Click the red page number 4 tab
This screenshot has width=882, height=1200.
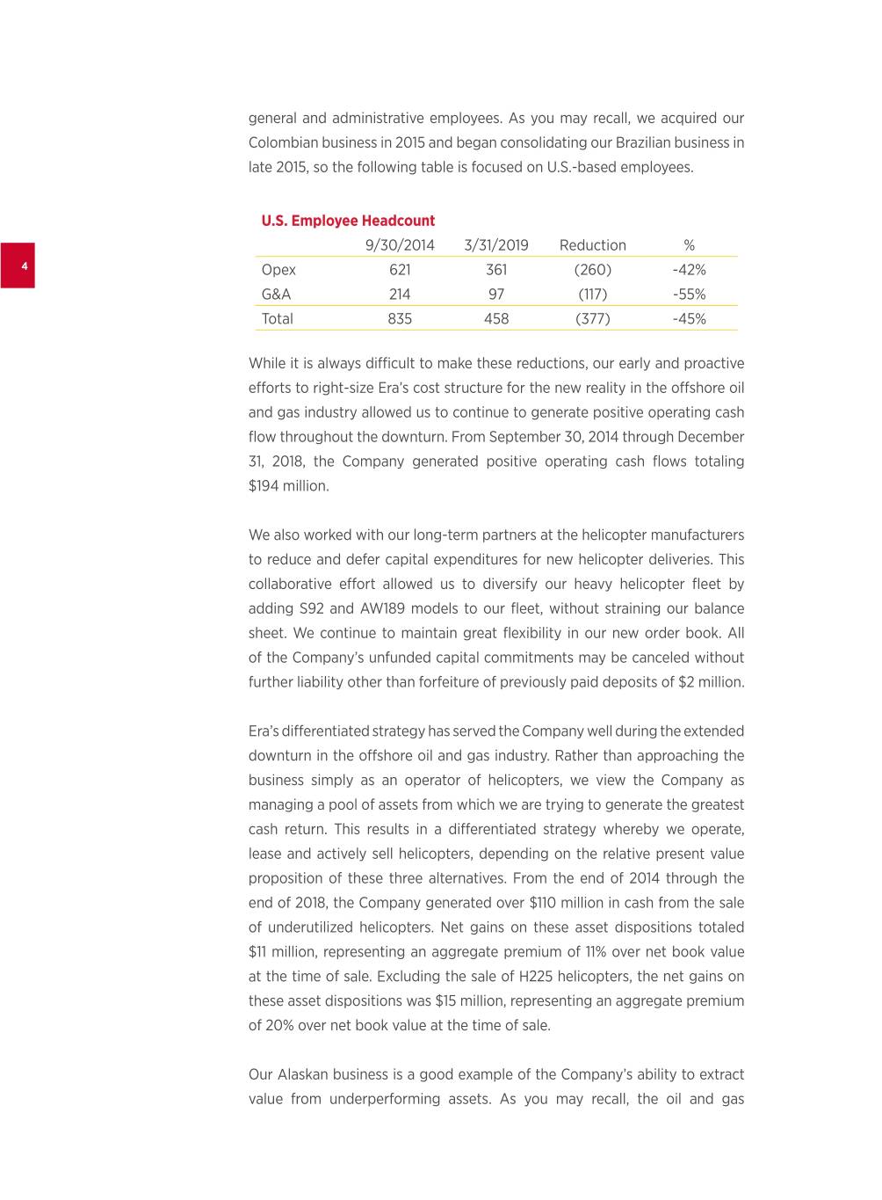[18, 265]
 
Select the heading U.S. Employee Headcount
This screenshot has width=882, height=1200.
[348, 221]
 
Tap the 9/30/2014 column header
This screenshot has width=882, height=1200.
[400, 245]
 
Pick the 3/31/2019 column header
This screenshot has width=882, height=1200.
[496, 245]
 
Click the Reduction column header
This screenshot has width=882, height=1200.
[593, 245]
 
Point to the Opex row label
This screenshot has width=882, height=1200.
[278, 270]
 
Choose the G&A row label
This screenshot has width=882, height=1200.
[276, 295]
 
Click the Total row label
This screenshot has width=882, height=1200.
[278, 319]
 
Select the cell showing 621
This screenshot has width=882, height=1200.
[400, 270]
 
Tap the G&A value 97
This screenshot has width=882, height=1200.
[496, 295]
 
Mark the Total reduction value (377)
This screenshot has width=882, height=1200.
[593, 319]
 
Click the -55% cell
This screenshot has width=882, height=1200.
[690, 295]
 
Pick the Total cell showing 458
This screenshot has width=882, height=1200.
[496, 319]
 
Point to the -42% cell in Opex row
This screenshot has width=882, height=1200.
[690, 270]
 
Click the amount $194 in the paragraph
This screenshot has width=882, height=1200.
[264, 486]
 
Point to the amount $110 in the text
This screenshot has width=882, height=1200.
[548, 903]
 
